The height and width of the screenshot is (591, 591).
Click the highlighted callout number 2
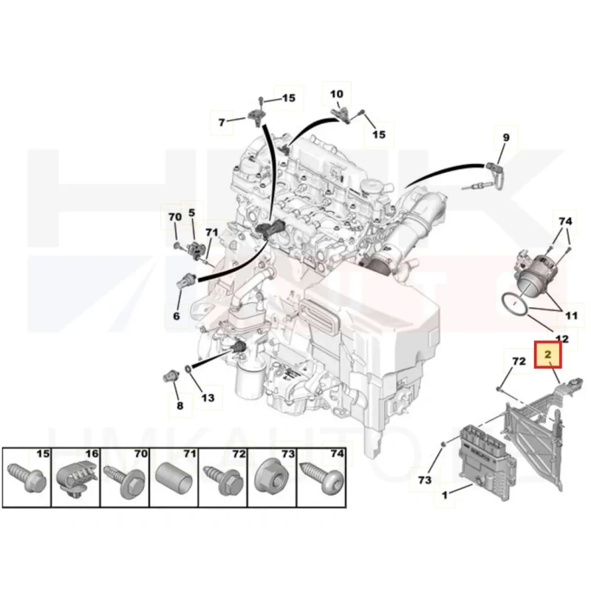point(547,355)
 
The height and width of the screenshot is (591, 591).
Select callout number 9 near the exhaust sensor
point(506,137)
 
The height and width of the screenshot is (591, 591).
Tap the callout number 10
point(337,94)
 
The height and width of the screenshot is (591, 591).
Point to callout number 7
point(222,122)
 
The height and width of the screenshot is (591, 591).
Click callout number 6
point(177,316)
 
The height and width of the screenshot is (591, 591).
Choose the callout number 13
point(208,397)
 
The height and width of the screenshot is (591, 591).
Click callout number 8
point(180,406)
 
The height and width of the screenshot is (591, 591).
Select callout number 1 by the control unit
point(445,494)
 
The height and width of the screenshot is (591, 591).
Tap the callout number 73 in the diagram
point(424,479)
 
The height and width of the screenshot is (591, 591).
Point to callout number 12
point(562,338)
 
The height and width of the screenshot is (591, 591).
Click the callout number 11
point(571,315)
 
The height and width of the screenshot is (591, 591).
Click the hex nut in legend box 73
point(272,482)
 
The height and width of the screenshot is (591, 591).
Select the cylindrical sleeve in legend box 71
point(174,479)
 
